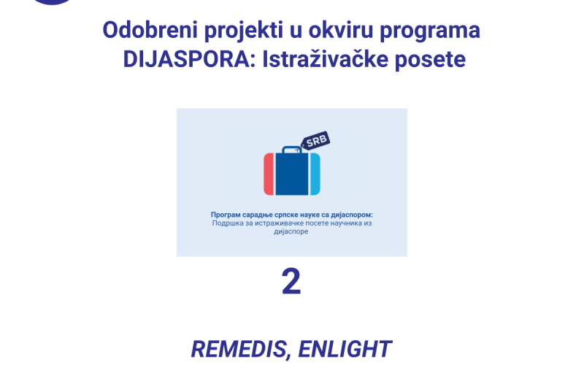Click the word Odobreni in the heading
click(150, 30)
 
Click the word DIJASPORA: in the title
click(189, 59)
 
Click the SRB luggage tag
click(316, 140)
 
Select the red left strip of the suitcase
click(269, 174)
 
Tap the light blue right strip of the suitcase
click(315, 174)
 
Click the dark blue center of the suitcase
click(292, 174)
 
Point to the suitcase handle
click(292, 150)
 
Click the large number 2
click(291, 282)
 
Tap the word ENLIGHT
click(345, 349)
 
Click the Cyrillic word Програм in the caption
click(226, 215)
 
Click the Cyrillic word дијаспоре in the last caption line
click(291, 231)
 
